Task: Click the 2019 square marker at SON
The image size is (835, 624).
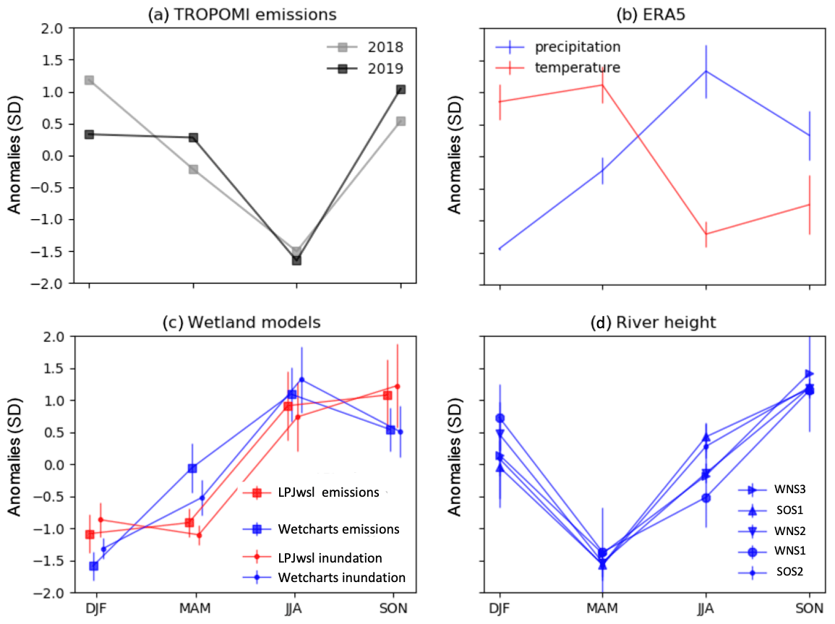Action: pyautogui.click(x=401, y=90)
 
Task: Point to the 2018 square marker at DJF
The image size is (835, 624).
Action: pyautogui.click(x=89, y=80)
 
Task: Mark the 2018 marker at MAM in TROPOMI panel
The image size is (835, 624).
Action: pyautogui.click(x=193, y=169)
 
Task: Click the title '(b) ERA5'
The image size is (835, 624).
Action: pyautogui.click(x=654, y=13)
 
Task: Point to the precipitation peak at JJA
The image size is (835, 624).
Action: pyautogui.click(x=706, y=71)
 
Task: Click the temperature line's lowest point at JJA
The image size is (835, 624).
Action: pyautogui.click(x=706, y=234)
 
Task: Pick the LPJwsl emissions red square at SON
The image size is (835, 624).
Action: pyautogui.click(x=387, y=395)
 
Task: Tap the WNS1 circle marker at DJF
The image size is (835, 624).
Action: pyautogui.click(x=500, y=418)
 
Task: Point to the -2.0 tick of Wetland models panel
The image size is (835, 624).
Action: pyautogui.click(x=56, y=593)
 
